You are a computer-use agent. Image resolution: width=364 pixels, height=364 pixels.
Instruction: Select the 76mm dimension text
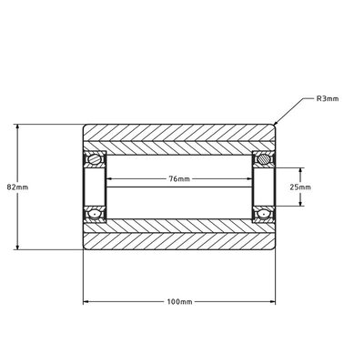(x=180, y=179)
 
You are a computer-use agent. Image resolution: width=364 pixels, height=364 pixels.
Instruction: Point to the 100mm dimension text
(x=180, y=301)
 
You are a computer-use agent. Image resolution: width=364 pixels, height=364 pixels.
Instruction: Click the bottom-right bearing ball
(x=264, y=213)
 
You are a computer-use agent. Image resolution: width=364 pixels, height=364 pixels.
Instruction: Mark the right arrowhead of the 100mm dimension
(x=276, y=301)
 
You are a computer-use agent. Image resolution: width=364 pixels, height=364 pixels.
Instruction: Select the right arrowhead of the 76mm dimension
(x=250, y=179)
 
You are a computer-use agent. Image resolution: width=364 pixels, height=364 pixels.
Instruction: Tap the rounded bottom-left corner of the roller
(x=86, y=249)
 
